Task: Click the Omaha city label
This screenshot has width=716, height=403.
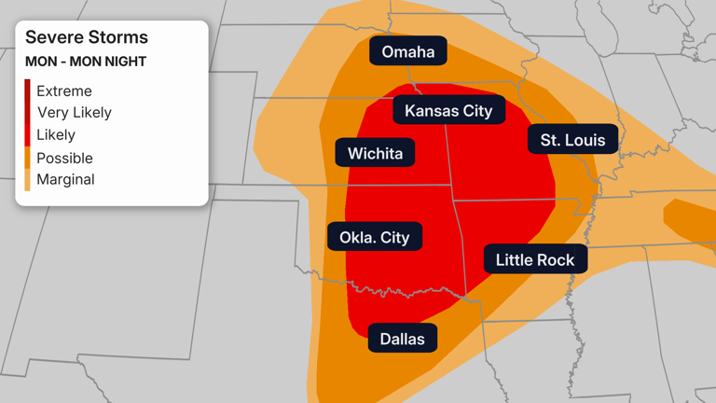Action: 408,51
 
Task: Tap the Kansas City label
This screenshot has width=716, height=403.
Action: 448,110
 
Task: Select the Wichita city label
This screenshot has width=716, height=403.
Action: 375,153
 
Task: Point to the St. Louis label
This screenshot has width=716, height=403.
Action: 572,140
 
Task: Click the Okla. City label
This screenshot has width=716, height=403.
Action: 374,237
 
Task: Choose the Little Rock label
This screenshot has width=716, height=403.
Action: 535,259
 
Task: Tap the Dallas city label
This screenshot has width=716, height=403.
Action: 403,338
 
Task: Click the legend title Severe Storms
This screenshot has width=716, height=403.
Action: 87,37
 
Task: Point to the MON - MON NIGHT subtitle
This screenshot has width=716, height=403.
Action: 86,62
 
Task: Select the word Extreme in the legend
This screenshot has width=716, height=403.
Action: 64,91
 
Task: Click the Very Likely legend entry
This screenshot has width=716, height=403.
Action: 75,113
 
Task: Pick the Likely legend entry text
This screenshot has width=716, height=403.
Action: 56,135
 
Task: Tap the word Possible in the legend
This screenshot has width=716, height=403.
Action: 64,158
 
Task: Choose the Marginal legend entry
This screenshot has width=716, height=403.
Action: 65,179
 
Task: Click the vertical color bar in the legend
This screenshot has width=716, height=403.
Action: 28,135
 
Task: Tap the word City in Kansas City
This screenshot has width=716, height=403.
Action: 476,110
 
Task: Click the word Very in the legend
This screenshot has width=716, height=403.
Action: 52,113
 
